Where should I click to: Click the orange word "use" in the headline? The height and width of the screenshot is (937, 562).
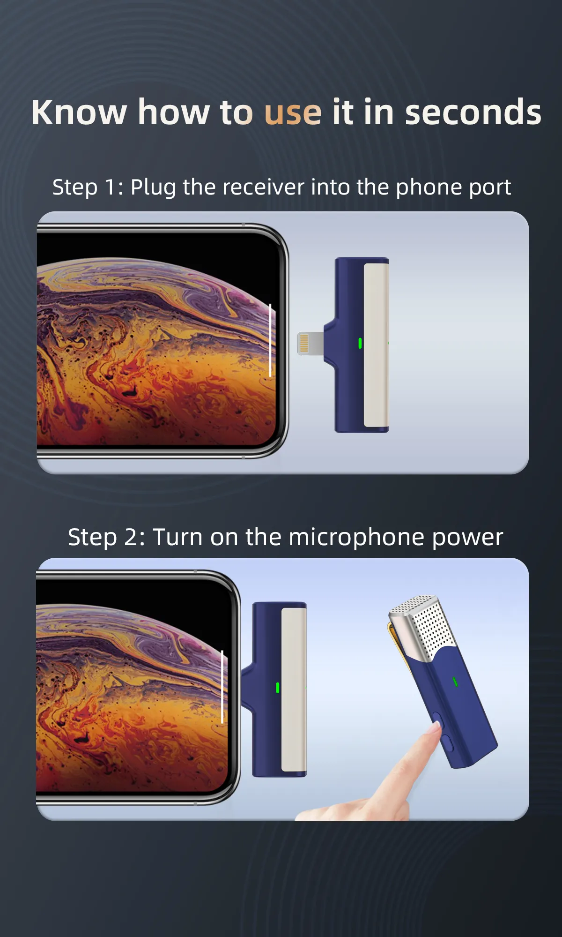(293, 112)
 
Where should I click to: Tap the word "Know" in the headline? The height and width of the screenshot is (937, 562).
(79, 112)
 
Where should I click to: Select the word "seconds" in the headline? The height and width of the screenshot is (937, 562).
(473, 112)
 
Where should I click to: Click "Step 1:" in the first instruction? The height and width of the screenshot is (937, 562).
(88, 187)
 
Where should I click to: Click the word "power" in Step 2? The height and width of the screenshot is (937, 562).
(467, 538)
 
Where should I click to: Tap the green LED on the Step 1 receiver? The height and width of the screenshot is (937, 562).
(360, 343)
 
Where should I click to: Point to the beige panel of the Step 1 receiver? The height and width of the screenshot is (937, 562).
(376, 345)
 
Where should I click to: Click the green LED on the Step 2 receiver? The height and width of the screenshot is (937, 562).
(278, 688)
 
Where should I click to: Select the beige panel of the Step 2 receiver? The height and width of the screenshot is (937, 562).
(294, 689)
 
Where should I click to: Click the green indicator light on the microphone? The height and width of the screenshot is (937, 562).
(455, 682)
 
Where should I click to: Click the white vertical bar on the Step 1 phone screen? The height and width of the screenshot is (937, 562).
(270, 340)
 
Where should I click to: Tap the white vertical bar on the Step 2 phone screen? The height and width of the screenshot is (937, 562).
(222, 686)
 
